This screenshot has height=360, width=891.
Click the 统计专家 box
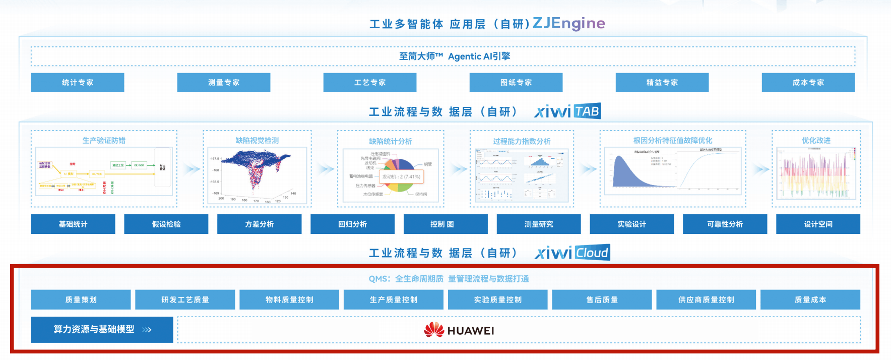pyautogui.click(x=78, y=82)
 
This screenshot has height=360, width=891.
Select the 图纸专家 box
pyautogui.click(x=516, y=82)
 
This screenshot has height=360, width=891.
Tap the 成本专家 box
pyautogui.click(x=808, y=82)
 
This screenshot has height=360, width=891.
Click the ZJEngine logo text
pyautogui.click(x=568, y=23)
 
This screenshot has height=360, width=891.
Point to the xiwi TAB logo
pyautogui.click(x=567, y=111)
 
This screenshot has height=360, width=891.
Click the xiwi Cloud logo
pyautogui.click(x=572, y=253)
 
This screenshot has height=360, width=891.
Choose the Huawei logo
pyautogui.click(x=459, y=330)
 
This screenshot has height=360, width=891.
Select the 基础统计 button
pyautogui.click(x=73, y=224)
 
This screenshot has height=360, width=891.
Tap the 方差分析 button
pyautogui.click(x=259, y=224)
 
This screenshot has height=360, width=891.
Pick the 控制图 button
pyautogui.click(x=445, y=224)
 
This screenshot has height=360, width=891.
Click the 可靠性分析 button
pyautogui.click(x=725, y=224)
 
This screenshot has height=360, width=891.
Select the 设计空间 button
pyautogui.click(x=818, y=224)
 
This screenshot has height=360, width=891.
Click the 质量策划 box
pyautogui.click(x=81, y=299)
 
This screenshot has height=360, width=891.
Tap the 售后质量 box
pyautogui.click(x=602, y=299)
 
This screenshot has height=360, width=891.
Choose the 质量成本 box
pyautogui.click(x=810, y=299)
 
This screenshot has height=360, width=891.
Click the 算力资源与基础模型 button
pyautogui.click(x=102, y=330)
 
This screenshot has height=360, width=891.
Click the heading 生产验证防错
pyautogui.click(x=104, y=141)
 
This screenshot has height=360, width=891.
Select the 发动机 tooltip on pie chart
pyautogui.click(x=401, y=177)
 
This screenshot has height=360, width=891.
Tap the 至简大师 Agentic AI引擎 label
pyautogui.click(x=455, y=56)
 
